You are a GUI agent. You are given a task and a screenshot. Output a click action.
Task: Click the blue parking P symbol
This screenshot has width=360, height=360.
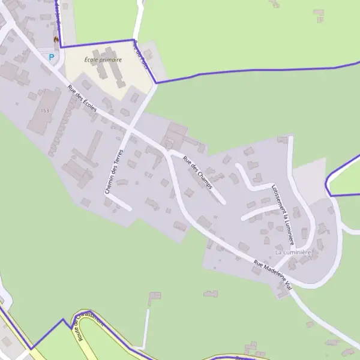coord(51,58)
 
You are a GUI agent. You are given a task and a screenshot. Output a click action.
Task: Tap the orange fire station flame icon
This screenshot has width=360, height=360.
coord(56,40)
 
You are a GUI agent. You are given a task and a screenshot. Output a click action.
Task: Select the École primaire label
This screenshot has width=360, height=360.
coord(103,60)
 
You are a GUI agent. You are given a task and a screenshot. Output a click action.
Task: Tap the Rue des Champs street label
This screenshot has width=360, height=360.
coord(198,173)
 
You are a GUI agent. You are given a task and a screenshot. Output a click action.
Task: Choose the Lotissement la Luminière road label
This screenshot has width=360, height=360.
coord(284,213)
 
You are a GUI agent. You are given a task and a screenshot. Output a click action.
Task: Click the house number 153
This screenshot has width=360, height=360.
coord(45,111)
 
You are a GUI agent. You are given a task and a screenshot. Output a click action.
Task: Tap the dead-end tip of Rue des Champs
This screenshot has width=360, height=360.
coord(223,202)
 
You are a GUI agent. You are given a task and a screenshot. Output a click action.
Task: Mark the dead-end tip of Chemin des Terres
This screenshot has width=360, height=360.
coord(130,209)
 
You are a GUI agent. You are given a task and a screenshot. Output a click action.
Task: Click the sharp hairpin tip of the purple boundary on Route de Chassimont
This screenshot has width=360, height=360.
coord(62,320)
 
